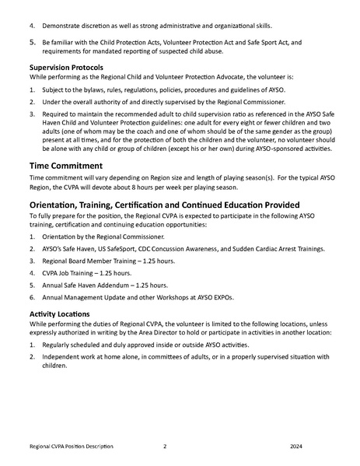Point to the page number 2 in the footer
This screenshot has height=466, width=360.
165,447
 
